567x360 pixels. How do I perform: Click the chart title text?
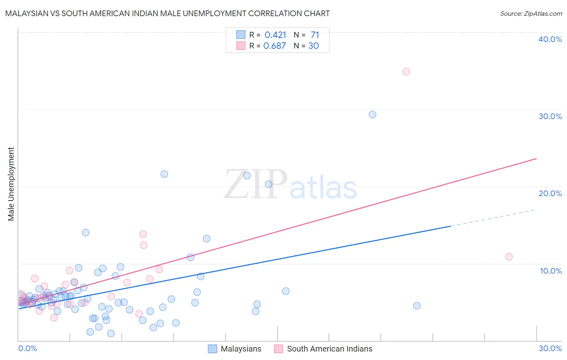pos(167,13)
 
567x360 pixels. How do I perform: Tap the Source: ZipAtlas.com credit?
pos(531,13)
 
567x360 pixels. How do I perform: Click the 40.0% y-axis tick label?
pos(550,39)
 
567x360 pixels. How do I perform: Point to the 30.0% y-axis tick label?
pos(550,116)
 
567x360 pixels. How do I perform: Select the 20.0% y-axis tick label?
pos(550,193)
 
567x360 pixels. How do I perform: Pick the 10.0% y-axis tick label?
pos(551,271)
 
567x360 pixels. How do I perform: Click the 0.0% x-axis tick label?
pos(27,348)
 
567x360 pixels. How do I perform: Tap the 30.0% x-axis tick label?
pos(550,348)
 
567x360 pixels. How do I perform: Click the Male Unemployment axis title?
pos(11,184)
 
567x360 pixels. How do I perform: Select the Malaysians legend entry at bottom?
pos(241,349)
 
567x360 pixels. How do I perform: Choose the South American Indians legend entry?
pos(329,349)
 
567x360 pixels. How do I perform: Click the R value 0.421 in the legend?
pos(275,35)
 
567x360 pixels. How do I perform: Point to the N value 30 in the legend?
pos(313,46)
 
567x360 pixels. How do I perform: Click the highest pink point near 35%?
pos(406,71)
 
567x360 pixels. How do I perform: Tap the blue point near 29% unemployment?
pos(373,115)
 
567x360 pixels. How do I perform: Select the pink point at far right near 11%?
pos(509,257)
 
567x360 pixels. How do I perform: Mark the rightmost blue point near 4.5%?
pos(417,306)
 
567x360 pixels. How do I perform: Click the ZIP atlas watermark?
pos(290,185)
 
